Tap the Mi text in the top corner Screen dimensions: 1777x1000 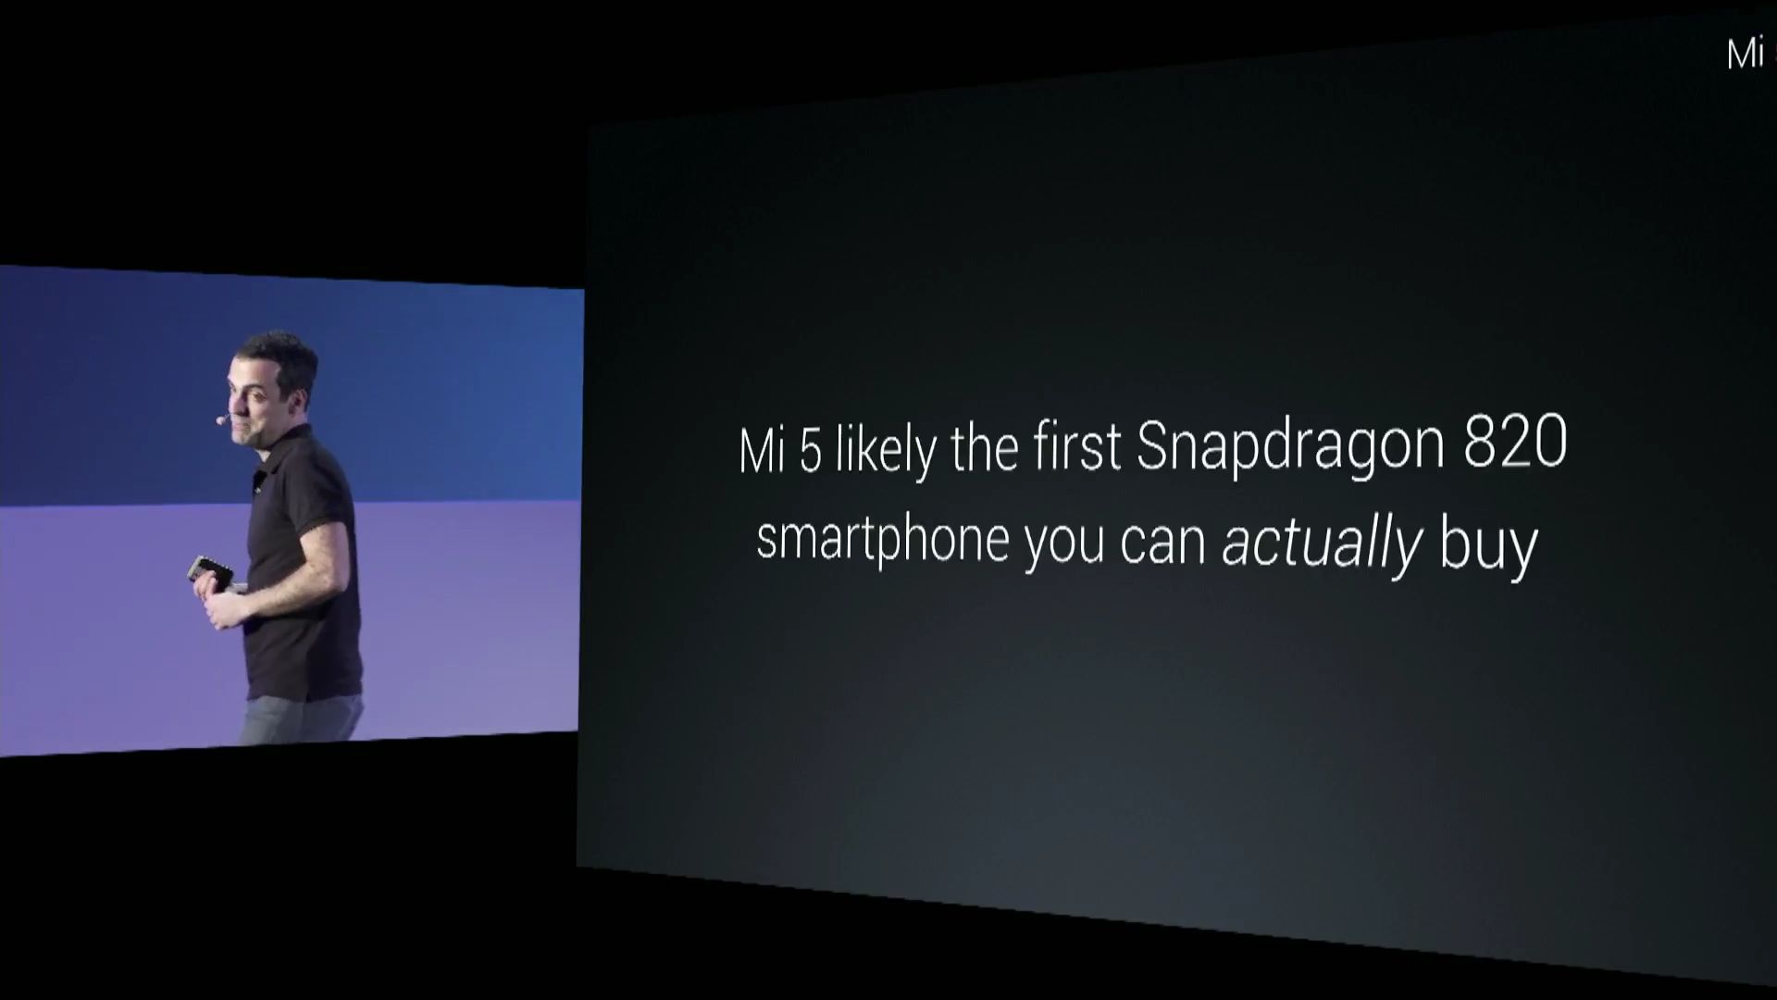pos(1746,55)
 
